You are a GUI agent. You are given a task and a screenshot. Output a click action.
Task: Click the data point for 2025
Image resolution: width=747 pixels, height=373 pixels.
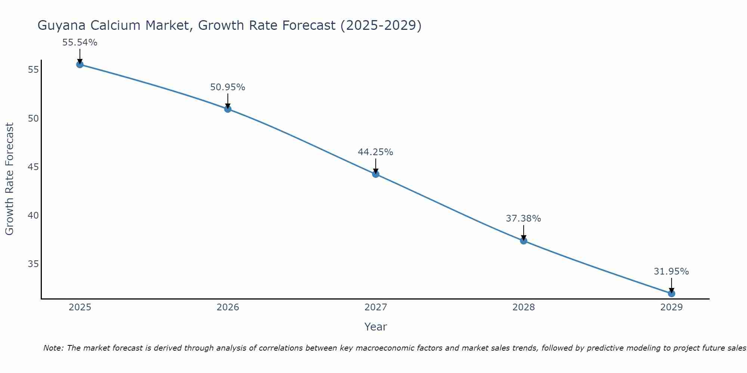point(80,65)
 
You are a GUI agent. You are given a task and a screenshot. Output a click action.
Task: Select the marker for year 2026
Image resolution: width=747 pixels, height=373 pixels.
point(228,109)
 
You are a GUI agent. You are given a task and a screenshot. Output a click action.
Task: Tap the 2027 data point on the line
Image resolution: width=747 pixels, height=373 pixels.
point(376,174)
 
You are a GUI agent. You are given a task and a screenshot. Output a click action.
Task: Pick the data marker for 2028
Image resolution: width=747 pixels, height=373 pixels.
point(524,241)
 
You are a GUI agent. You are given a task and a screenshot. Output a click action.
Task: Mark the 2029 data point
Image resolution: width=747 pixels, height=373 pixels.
point(672,294)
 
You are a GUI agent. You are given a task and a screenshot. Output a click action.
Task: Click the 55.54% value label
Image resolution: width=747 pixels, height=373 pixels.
point(80,43)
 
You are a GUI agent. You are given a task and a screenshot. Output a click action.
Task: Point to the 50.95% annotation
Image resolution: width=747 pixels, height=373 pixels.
point(228,87)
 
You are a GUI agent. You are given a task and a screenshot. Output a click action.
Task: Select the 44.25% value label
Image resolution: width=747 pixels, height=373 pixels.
point(376,152)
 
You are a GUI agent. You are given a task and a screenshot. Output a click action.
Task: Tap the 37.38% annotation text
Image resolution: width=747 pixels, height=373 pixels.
point(524,219)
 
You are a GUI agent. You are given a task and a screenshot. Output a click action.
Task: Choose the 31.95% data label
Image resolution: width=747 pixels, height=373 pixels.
point(672,272)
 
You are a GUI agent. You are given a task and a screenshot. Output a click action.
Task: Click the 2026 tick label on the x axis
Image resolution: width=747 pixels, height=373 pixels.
point(228,307)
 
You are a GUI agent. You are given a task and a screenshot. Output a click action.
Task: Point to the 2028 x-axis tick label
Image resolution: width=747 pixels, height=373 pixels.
point(524,307)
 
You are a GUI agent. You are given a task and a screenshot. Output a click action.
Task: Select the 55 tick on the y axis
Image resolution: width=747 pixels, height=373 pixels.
point(34,70)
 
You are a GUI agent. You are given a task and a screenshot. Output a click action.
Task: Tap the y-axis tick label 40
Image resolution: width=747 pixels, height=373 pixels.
point(34,216)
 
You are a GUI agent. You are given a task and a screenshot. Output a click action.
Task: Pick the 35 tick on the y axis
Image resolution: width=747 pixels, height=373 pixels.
point(34,264)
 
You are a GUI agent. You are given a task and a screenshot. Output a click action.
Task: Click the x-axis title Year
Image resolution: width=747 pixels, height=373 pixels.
point(376,327)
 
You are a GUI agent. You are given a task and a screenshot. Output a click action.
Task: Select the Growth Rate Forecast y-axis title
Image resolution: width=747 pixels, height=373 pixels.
point(9,179)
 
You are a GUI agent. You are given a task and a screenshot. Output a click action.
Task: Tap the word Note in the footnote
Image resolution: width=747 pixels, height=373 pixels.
point(53,348)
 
